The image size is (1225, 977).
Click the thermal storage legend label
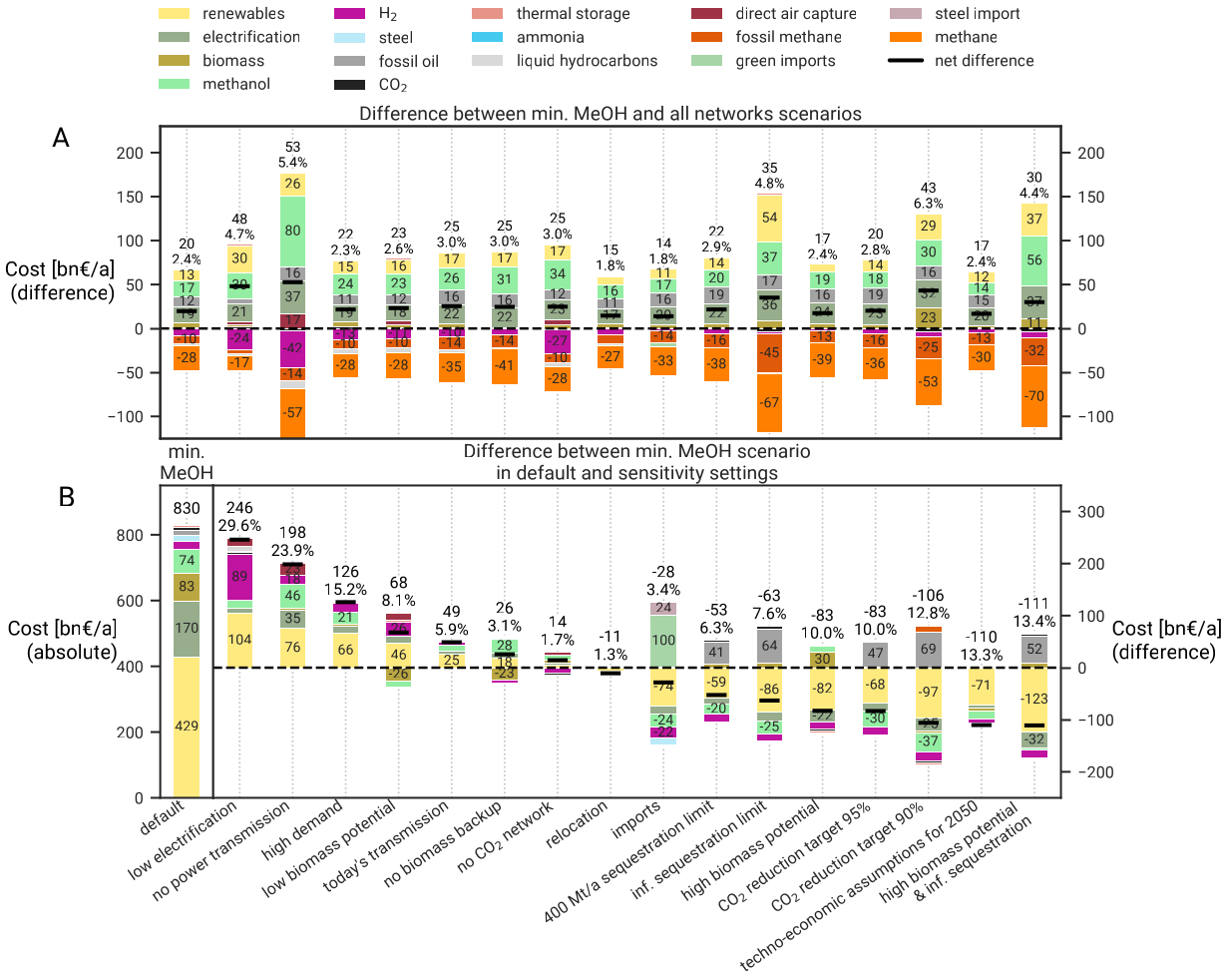573,14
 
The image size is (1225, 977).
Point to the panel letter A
61,139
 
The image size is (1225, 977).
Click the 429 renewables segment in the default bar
187,727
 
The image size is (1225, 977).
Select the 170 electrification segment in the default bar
187,629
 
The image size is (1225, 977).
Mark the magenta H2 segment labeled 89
239,576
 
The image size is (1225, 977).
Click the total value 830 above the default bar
187,507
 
